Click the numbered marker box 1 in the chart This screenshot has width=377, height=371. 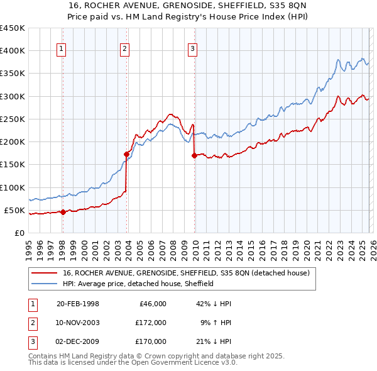[62, 50]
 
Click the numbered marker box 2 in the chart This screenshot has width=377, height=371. [125, 50]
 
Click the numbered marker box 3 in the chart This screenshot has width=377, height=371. [192, 50]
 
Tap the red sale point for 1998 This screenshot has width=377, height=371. [63, 212]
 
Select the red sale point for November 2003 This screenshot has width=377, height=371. [126, 154]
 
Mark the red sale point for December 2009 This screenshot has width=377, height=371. [194, 155]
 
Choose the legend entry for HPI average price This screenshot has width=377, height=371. [138, 284]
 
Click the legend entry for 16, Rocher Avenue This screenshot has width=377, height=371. [186, 274]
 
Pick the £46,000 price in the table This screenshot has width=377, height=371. [152, 304]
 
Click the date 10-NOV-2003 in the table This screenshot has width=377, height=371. [78, 323]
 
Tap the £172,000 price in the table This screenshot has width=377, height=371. [150, 323]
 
